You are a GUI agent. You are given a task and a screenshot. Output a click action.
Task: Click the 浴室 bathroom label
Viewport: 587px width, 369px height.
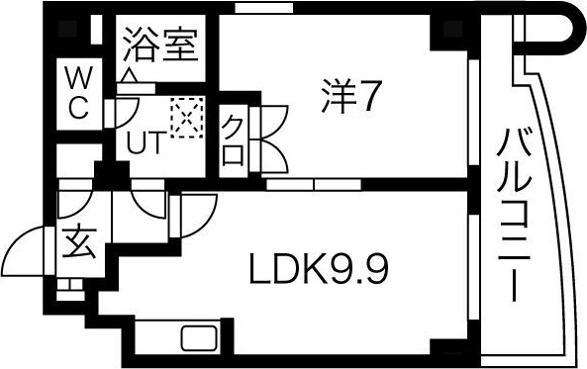point(160,45)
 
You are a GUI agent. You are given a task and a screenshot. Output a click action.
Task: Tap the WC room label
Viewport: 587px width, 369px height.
point(79,93)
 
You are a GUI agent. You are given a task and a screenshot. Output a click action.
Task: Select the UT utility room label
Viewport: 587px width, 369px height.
point(146,142)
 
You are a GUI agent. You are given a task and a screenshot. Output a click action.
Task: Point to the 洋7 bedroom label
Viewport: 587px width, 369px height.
point(347,95)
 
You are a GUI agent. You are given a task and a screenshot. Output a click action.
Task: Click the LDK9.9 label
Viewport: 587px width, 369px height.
point(319,268)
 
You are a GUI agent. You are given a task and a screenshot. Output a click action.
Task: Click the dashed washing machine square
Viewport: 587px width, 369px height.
point(187,117)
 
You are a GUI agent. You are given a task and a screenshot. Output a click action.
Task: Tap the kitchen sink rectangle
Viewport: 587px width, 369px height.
point(199,338)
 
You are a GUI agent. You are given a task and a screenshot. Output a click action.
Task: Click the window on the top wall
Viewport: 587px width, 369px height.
point(264,7)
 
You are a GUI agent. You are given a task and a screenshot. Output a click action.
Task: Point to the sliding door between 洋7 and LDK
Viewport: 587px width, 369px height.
point(314,184)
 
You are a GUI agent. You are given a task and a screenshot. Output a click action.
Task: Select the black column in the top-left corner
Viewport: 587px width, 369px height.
point(68,29)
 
